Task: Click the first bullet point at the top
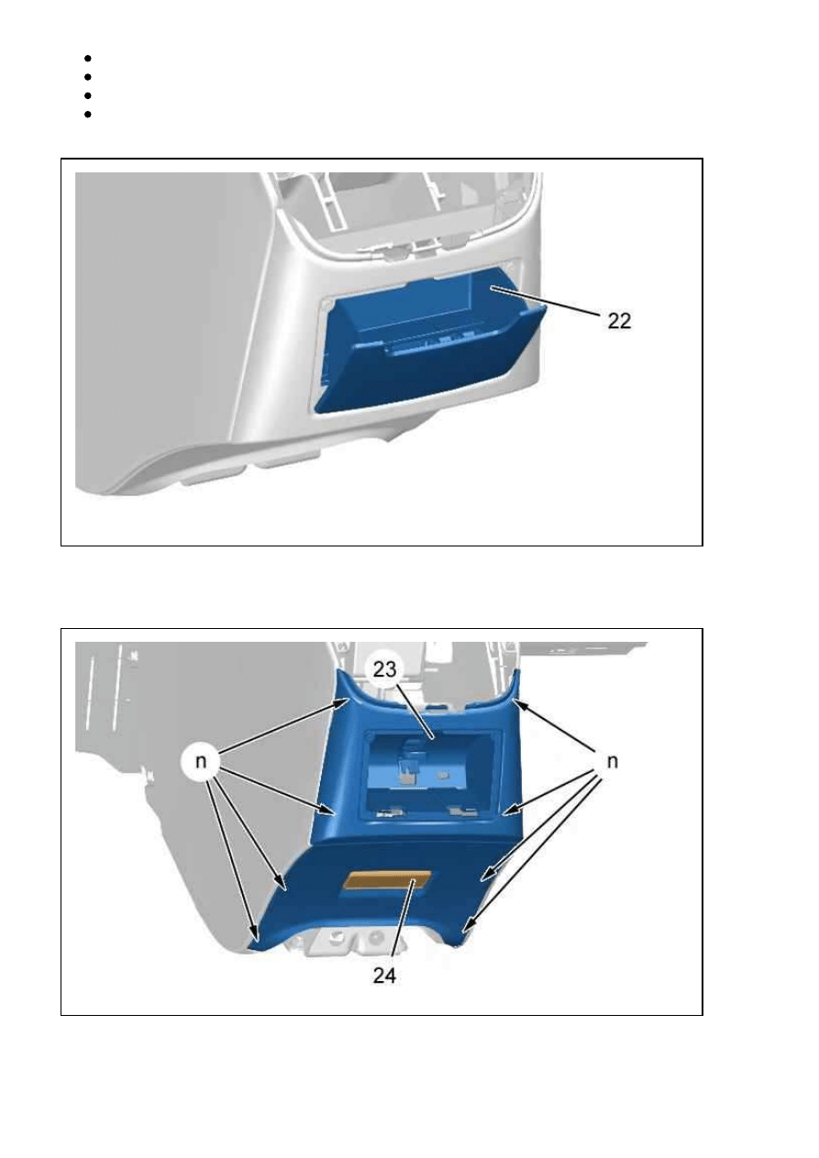87,59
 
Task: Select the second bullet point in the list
87,77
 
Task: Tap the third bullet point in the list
87,95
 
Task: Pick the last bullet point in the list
87,115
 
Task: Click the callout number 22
619,322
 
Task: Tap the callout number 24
384,976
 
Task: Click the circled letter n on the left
201,762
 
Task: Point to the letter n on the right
612,762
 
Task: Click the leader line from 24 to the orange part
404,921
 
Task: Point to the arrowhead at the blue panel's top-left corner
342,701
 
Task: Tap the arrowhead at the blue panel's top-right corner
520,704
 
